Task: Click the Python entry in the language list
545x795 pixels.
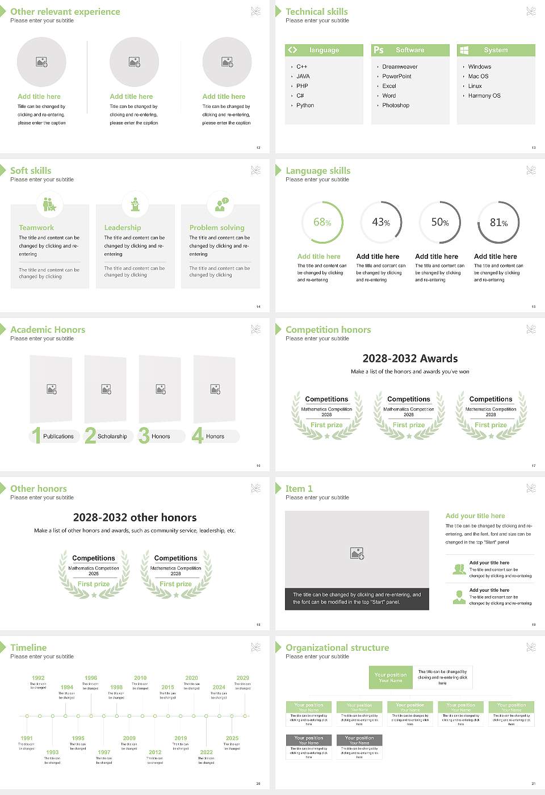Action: point(305,106)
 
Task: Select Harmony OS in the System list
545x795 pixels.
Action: point(484,96)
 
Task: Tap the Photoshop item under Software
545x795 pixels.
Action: point(396,106)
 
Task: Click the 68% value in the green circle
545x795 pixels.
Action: point(322,223)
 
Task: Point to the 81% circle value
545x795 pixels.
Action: point(498,223)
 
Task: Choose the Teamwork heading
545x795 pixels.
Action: point(36,228)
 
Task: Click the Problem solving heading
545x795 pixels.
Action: point(217,228)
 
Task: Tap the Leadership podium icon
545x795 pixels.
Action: point(135,204)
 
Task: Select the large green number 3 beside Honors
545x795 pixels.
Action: point(144,436)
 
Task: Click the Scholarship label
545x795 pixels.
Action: point(112,437)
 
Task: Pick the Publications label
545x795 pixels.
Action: point(58,437)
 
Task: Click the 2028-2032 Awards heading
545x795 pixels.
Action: point(410,358)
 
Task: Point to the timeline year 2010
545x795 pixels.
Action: point(140,678)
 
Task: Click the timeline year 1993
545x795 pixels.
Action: point(52,752)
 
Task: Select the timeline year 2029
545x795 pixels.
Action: point(242,678)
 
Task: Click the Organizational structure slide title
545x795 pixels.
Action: point(337,648)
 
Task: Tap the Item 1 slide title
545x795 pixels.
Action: point(299,489)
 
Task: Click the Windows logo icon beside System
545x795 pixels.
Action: point(464,50)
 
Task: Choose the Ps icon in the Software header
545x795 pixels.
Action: point(378,50)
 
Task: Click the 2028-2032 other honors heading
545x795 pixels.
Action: point(135,517)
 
